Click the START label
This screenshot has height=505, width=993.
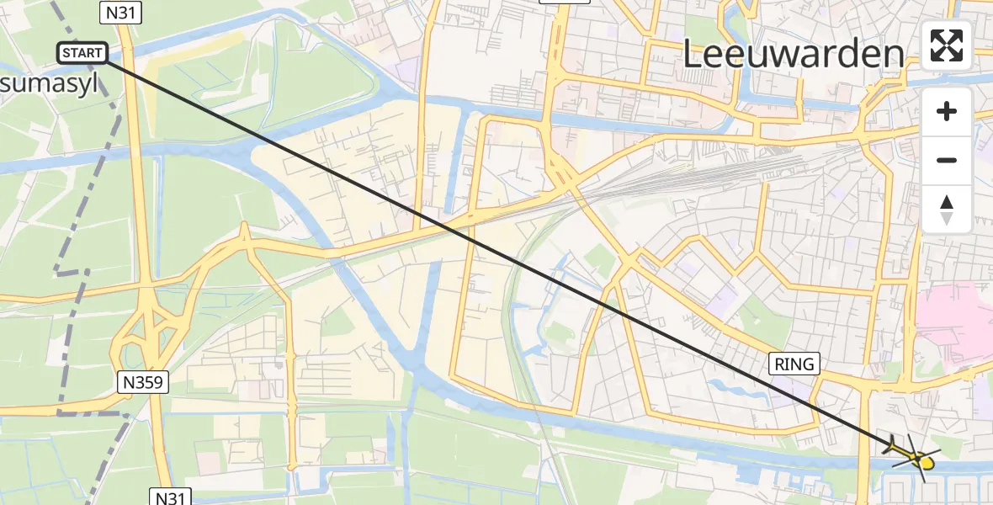point(83,53)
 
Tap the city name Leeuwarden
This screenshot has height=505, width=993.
point(793,55)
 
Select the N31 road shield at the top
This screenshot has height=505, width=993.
point(120,12)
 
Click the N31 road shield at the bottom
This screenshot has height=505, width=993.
point(173,497)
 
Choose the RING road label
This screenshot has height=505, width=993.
point(794,364)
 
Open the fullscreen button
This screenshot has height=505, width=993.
point(947,45)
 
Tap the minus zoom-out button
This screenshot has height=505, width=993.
point(947,160)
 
